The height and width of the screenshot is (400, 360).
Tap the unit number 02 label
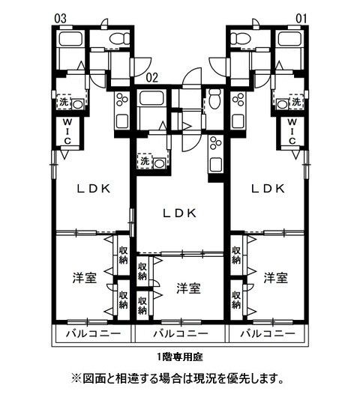click(151, 76)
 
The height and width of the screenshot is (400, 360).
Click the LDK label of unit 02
click(180, 213)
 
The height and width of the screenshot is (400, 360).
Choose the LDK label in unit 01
click(268, 189)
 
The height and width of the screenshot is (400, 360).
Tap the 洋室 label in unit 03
click(85, 278)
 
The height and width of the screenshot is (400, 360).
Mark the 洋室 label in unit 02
click(187, 288)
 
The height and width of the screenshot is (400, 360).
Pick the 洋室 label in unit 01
click(275, 278)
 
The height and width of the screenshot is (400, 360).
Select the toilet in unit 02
click(214, 96)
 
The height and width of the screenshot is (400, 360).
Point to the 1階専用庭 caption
click(180, 355)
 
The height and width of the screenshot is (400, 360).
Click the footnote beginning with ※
click(178, 378)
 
